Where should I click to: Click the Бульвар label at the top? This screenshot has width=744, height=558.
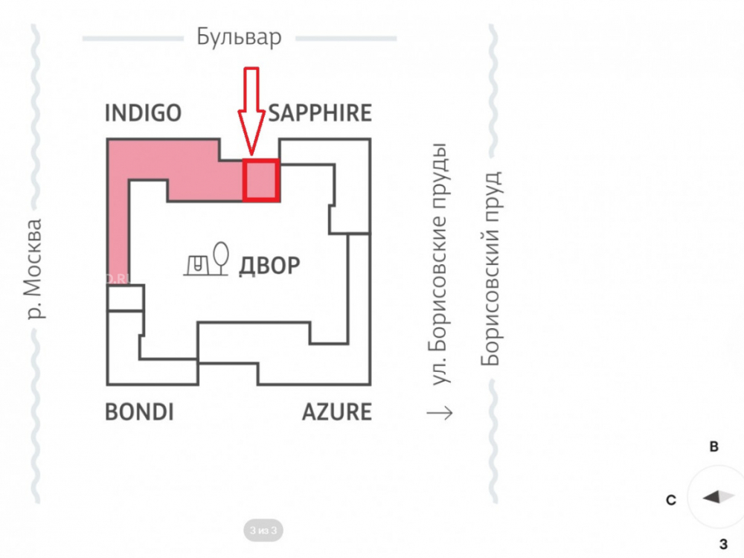tap(239, 37)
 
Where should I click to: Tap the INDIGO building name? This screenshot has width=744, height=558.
tap(143, 113)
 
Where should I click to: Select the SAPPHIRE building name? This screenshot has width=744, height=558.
tap(320, 113)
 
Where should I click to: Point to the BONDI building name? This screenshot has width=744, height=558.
tap(139, 412)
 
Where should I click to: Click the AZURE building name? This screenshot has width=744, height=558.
tap(337, 412)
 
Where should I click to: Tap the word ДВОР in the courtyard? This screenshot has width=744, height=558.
tap(269, 266)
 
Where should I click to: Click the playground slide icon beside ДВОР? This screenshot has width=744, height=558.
tap(199, 265)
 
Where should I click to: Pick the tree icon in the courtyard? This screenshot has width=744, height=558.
tap(221, 258)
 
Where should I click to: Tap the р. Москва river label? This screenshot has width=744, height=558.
tap(34, 269)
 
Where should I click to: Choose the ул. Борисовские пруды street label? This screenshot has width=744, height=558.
tap(440, 263)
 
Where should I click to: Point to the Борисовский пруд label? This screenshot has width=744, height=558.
tap(491, 269)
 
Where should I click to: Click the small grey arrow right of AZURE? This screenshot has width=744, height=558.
tap(440, 413)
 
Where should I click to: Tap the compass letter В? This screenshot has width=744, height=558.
tap(713, 446)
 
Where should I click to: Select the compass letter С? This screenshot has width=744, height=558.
tap(671, 500)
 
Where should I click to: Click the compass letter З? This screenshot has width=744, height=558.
tap(724, 545)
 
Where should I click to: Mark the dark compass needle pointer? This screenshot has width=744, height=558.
tap(711, 497)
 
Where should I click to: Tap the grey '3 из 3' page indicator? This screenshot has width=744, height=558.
tap(263, 530)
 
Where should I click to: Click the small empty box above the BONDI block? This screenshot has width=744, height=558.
tap(125, 298)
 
